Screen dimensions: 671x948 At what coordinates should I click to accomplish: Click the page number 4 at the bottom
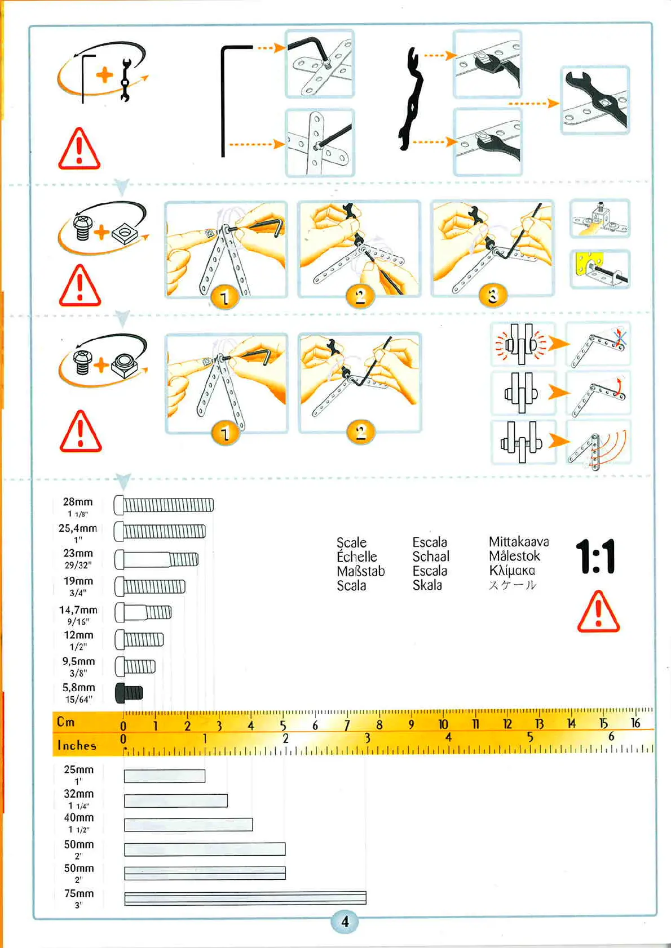tap(345, 922)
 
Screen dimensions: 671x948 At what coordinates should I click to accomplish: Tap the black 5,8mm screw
tap(129, 692)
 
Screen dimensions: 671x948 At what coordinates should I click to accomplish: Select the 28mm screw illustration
tap(164, 505)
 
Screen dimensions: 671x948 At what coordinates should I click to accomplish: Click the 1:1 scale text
tap(596, 557)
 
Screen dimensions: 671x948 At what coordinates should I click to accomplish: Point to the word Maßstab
tap(361, 571)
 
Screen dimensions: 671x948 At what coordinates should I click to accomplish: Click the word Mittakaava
tap(518, 542)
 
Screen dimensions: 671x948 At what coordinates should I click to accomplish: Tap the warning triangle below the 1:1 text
tap(598, 612)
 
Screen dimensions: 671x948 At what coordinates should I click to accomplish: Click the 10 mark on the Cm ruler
tap(443, 724)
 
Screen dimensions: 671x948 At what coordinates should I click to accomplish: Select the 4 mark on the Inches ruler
tap(448, 737)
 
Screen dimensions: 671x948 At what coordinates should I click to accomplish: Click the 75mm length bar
tap(245, 898)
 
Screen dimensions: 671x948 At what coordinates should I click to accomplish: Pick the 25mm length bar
tap(165, 776)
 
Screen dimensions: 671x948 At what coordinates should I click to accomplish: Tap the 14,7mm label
tap(78, 610)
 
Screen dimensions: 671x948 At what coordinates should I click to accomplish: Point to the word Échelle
tap(356, 557)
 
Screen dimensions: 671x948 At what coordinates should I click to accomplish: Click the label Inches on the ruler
tap(77, 745)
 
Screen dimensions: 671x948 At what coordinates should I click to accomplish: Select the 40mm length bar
tap(188, 825)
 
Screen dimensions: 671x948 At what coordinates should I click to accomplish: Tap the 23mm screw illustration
tap(157, 559)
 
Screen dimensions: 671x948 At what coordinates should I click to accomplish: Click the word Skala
tap(427, 585)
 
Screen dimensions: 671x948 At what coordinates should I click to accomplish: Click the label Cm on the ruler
tap(66, 722)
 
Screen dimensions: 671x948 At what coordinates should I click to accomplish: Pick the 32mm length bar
tap(176, 800)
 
